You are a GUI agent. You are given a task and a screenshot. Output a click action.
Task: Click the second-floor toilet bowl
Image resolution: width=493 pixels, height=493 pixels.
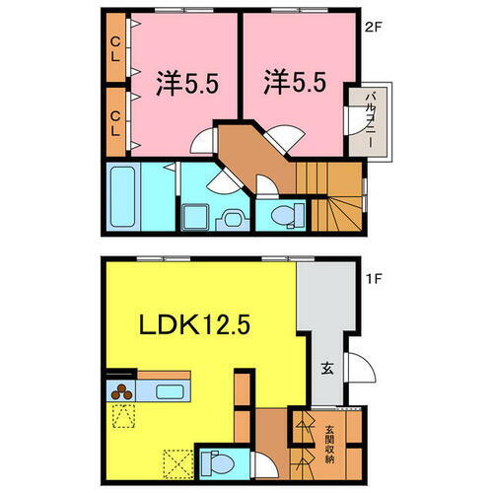point(283,216)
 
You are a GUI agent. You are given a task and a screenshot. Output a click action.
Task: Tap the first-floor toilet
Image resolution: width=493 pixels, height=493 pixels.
point(217,463)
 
